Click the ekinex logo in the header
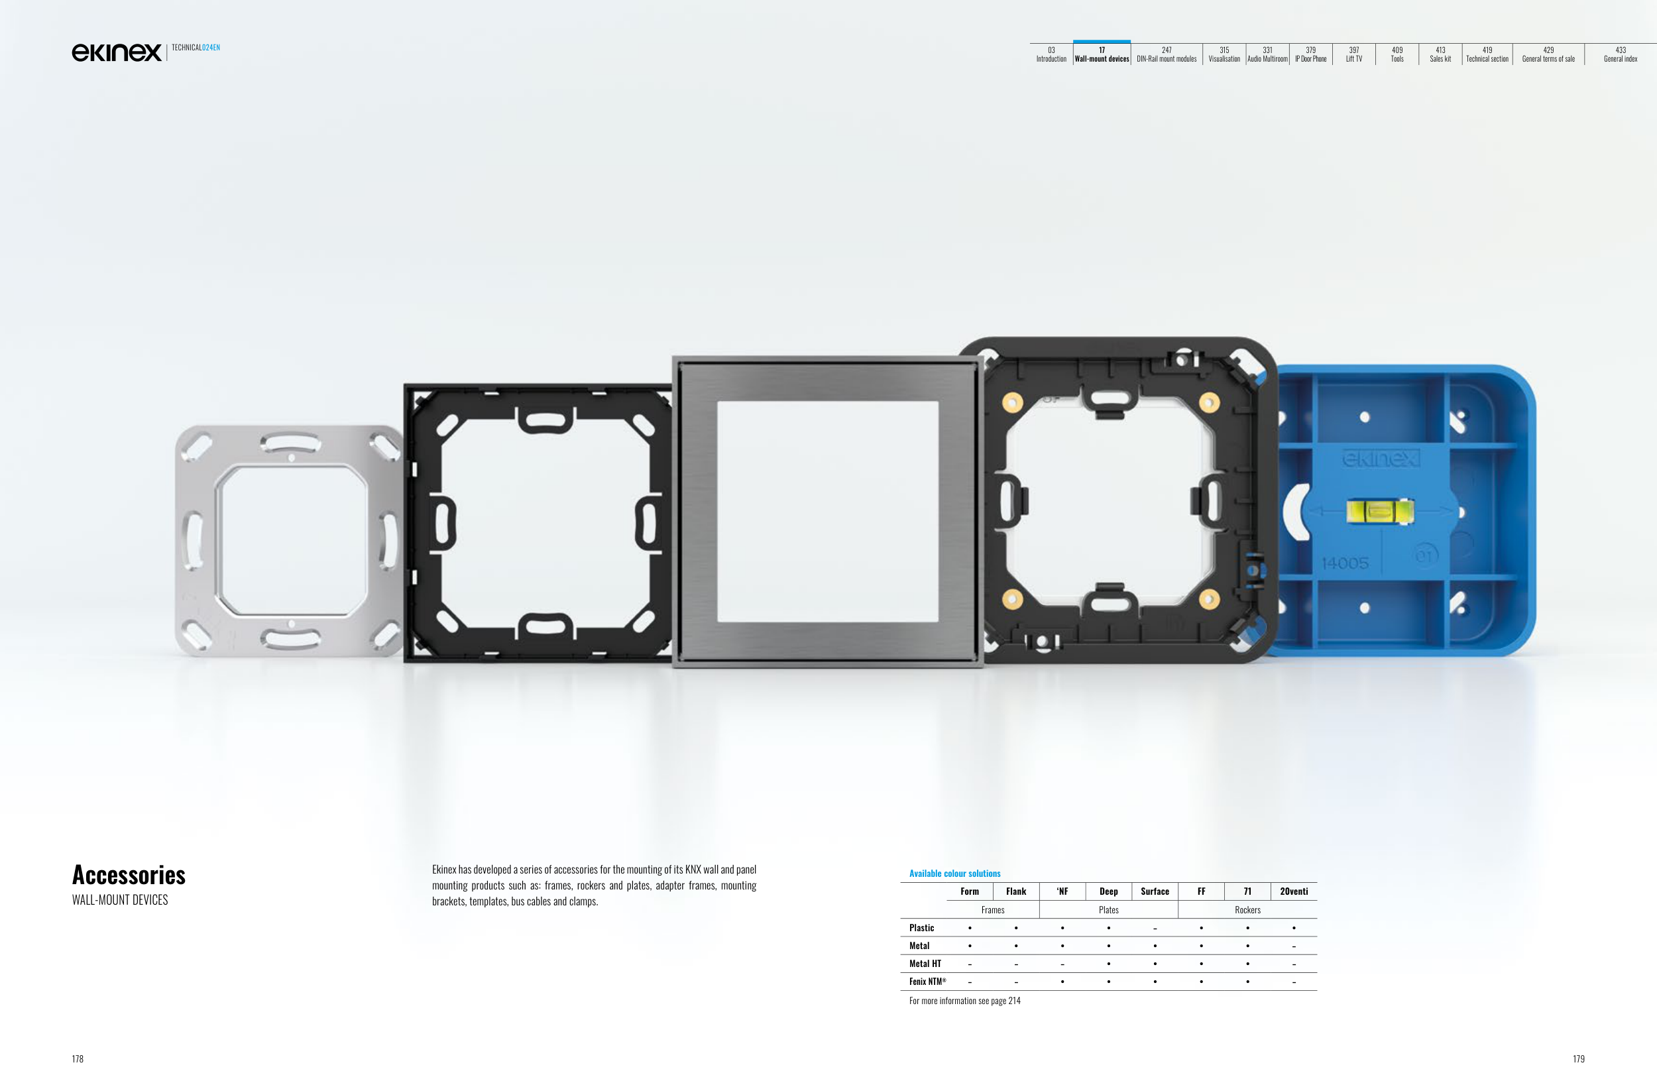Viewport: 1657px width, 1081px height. tap(116, 52)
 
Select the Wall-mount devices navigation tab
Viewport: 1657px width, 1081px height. tap(1102, 54)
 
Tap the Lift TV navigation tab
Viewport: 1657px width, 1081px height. tap(1353, 54)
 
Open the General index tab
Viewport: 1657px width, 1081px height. tap(1620, 54)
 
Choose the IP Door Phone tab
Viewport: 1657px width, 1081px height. tap(1310, 54)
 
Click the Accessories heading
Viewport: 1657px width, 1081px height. tap(129, 874)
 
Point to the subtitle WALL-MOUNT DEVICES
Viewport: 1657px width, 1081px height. tap(120, 900)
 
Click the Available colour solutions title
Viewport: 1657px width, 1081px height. tap(954, 874)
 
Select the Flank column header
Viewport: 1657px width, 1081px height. tap(1016, 891)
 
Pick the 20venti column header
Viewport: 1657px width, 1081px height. tap(1294, 891)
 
